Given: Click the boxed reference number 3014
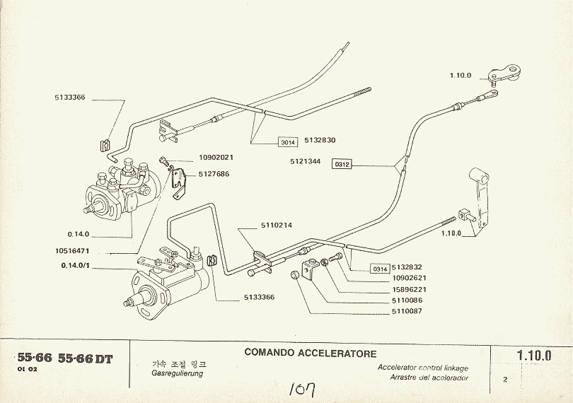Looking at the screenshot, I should [287, 141].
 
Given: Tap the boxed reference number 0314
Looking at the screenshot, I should [380, 269].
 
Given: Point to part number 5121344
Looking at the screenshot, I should [304, 161].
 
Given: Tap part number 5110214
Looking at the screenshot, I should [257, 225].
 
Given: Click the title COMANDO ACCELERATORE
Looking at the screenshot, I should [311, 353].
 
